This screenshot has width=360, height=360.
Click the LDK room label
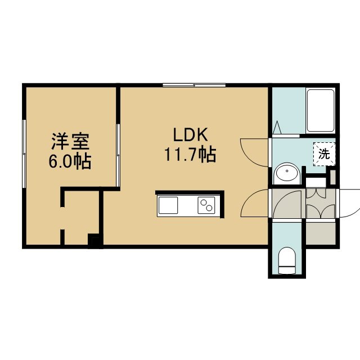[x=190, y=135]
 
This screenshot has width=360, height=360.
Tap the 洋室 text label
[x=70, y=141]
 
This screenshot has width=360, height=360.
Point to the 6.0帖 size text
[x=70, y=161]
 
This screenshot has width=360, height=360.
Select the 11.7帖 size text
[x=190, y=155]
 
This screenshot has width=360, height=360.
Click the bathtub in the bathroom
[x=320, y=111]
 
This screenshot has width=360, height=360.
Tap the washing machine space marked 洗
[x=325, y=154]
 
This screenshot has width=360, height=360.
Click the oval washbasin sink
[x=287, y=173]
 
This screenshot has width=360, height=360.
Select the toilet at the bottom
[x=286, y=260]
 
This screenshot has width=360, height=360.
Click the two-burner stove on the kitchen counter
[x=206, y=205]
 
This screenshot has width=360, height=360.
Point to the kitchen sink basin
[x=168, y=205]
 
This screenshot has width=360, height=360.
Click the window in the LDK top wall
[x=194, y=85]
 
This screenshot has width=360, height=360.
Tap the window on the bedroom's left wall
[x=24, y=154]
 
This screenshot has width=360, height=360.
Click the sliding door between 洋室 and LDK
[x=118, y=155]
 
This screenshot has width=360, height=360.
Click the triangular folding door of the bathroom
[x=277, y=127]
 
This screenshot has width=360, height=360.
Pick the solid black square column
[x=94, y=241]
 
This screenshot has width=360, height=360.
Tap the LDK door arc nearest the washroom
[x=254, y=152]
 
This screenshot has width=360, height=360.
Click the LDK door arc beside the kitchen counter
[x=254, y=203]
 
